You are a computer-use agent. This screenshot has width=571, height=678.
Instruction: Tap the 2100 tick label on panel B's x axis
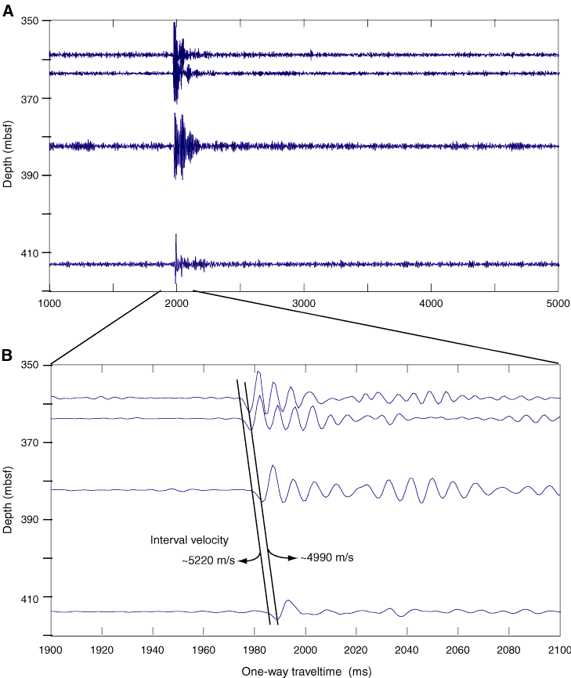point(558,651)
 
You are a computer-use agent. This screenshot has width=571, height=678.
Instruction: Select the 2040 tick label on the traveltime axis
point(406,651)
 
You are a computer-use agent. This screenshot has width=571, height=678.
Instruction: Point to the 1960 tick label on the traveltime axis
point(203,651)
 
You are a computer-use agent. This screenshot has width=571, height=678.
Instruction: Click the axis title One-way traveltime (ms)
point(305,671)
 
